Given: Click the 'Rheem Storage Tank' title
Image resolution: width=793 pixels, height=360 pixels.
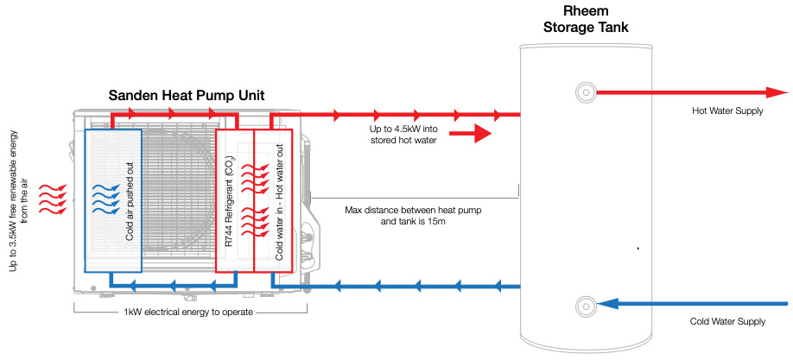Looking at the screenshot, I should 585,19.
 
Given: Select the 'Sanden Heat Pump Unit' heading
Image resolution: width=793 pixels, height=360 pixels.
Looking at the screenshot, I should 186,94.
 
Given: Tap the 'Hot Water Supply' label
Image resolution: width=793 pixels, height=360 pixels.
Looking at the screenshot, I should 727,111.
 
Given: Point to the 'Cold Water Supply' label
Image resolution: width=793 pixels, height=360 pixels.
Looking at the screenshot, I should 727,321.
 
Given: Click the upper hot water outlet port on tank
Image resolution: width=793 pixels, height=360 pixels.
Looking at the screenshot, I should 586,92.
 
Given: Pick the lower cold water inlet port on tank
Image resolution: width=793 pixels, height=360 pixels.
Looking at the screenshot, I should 586,304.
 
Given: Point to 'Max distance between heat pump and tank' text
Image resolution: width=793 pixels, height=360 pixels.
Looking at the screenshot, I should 402,215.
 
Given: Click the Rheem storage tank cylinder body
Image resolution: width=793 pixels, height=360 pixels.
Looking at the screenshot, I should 585,199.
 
